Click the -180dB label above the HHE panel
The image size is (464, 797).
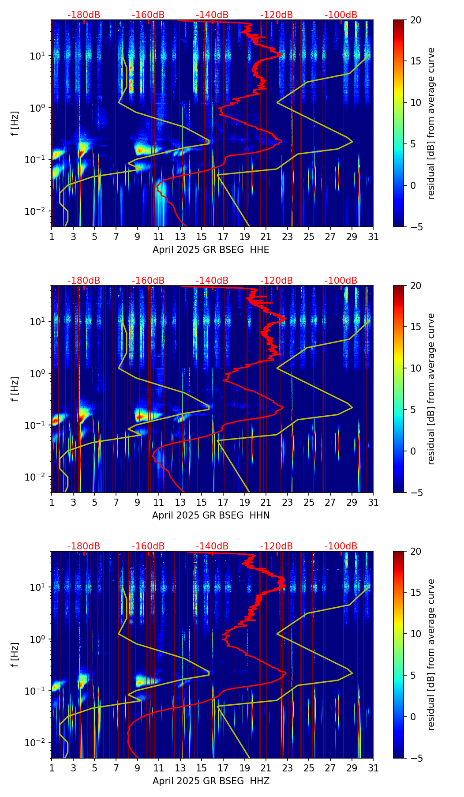point(84,15)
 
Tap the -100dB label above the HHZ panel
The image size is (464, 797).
point(341,546)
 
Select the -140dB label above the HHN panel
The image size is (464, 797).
point(212,281)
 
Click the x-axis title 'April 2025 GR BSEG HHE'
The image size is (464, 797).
point(211,250)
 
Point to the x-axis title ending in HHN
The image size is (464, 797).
point(211,515)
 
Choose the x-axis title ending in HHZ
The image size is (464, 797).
point(211,781)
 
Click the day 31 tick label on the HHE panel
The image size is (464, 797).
point(373,237)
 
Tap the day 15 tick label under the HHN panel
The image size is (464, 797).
point(202,502)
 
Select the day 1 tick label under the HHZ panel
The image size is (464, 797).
point(52,768)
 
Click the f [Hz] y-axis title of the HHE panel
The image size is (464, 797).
point(15,123)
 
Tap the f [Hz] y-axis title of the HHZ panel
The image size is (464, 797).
point(15,654)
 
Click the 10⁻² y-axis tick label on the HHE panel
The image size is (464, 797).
point(39,211)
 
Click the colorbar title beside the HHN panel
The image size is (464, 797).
point(431,389)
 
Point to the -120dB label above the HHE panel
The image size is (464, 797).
point(277,15)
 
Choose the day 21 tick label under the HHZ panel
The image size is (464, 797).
point(266,768)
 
